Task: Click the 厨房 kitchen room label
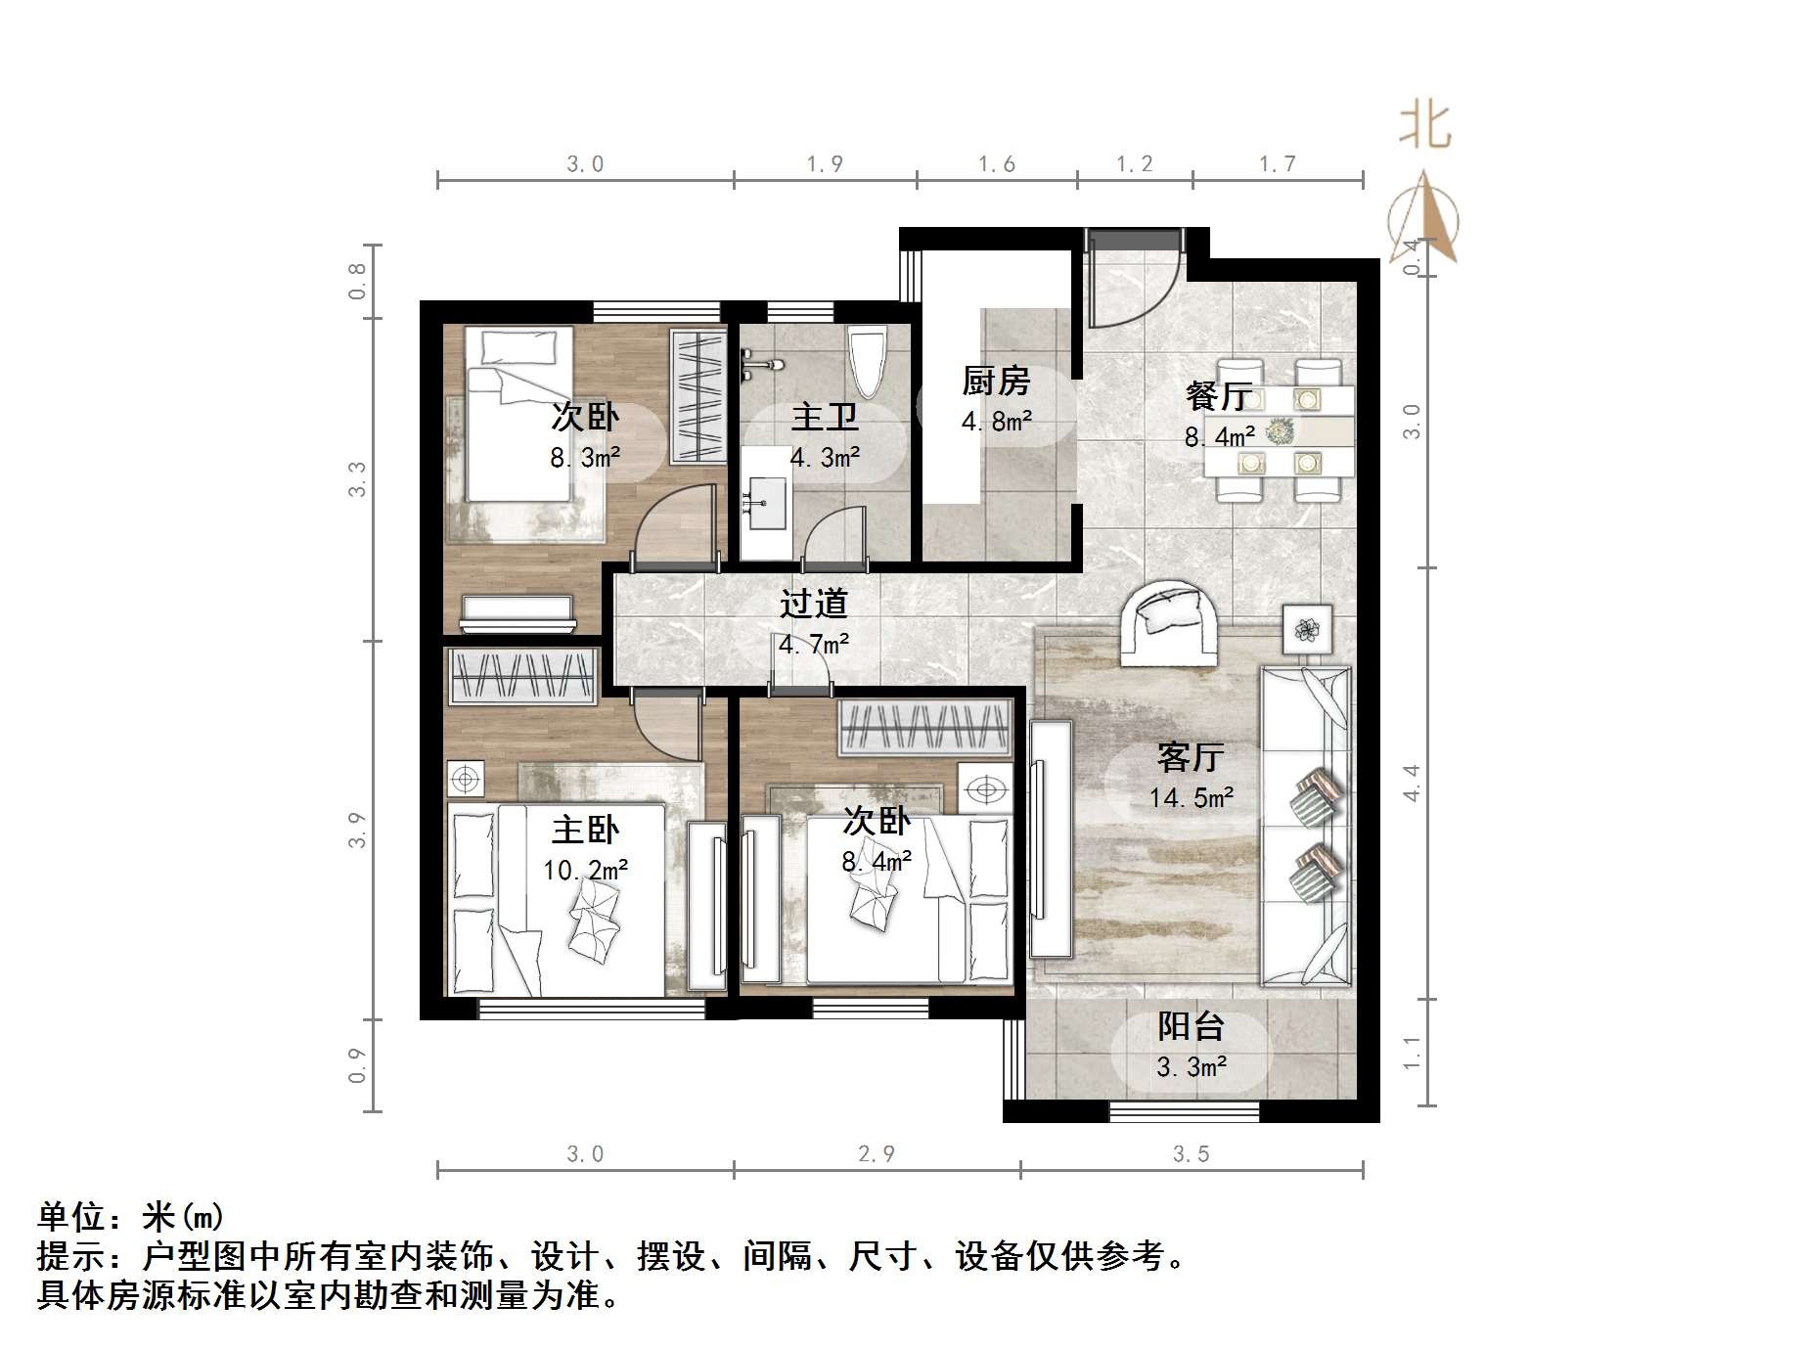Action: point(996,381)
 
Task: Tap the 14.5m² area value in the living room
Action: point(1191,798)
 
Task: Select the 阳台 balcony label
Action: point(1191,1026)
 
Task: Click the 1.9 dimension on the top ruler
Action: point(825,164)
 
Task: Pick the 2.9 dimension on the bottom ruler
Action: point(876,1154)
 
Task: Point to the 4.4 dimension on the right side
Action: point(1411,783)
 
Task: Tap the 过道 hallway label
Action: point(813,604)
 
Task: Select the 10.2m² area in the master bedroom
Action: point(585,870)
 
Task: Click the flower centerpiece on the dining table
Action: point(1280,430)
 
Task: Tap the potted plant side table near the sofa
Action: point(1307,630)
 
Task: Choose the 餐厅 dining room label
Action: point(1219,396)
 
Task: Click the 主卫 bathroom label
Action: point(825,418)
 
